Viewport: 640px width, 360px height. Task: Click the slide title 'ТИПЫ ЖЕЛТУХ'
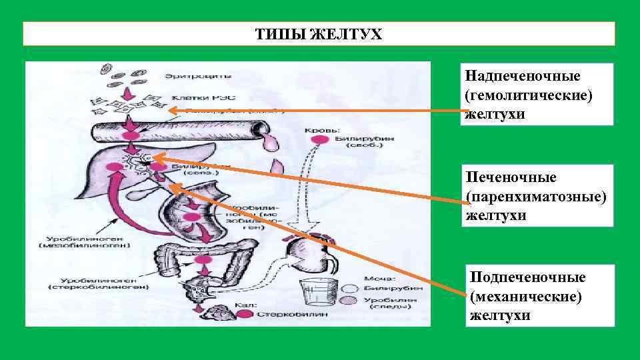(319, 34)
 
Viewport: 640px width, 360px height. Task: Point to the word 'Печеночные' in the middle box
(502, 178)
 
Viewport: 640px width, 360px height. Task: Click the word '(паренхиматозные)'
(537, 197)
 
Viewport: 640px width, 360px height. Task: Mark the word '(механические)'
(525, 295)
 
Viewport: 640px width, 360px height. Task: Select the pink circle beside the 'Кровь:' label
(319, 139)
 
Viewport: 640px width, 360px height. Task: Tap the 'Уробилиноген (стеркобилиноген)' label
(89, 284)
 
